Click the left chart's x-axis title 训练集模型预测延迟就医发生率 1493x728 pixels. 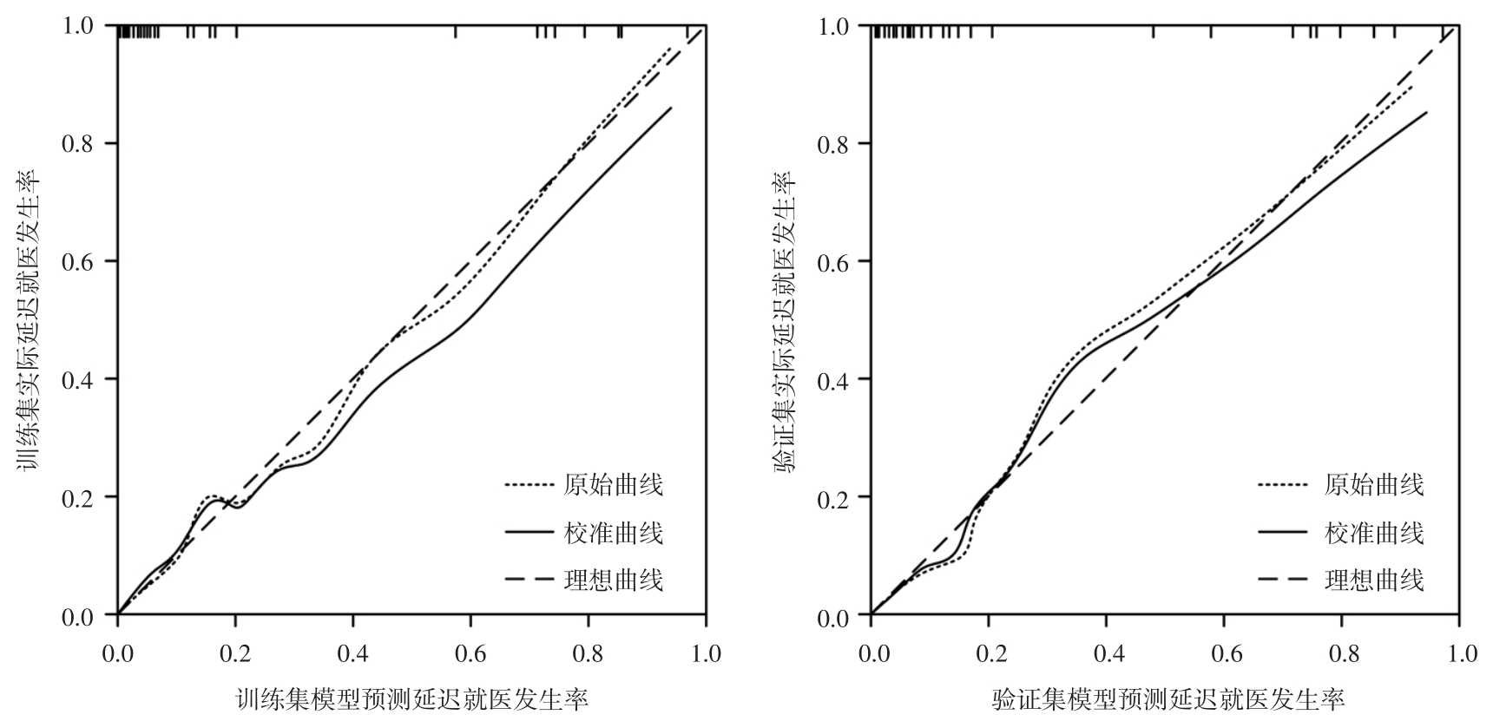pyautogui.click(x=412, y=699)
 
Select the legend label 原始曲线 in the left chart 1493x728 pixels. pyautogui.click(x=614, y=484)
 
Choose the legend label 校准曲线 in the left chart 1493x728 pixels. pyautogui.click(x=614, y=532)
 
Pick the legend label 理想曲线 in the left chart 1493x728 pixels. pyautogui.click(x=614, y=580)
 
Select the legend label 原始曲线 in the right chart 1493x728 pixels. pyautogui.click(x=1374, y=484)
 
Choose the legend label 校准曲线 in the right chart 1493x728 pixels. pyautogui.click(x=1374, y=532)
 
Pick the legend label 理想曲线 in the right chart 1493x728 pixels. pyautogui.click(x=1374, y=580)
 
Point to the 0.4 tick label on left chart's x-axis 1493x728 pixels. pyautogui.click(x=353, y=653)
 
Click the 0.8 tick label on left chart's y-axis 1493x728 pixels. pyautogui.click(x=77, y=143)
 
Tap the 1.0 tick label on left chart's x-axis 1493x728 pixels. pyautogui.click(x=706, y=653)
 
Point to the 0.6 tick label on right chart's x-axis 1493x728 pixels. pyautogui.click(x=1224, y=653)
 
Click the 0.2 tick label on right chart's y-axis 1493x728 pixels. pyautogui.click(x=832, y=497)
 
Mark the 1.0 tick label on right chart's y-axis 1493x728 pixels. pyautogui.click(x=832, y=26)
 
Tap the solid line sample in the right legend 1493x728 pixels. pyautogui.click(x=1282, y=532)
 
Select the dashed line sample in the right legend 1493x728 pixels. pyautogui.click(x=1282, y=580)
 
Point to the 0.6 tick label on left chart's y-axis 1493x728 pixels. pyautogui.click(x=77, y=261)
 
